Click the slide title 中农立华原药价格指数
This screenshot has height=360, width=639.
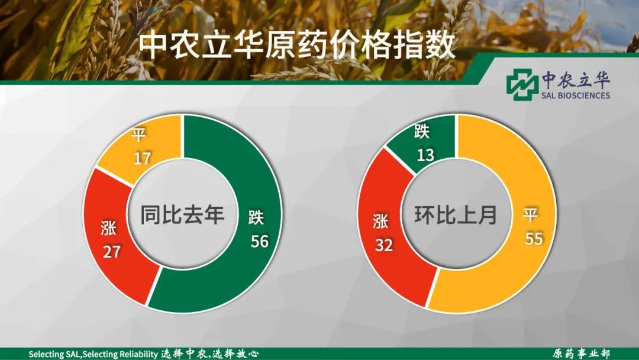(x=296, y=45)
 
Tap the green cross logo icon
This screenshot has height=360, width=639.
(x=522, y=85)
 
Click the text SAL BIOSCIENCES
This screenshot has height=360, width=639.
(x=576, y=95)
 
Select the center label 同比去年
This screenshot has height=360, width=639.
(x=182, y=214)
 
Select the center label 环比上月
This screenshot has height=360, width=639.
(x=456, y=214)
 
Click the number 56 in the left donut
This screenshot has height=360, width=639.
(x=260, y=242)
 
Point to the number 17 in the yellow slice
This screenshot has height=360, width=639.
(x=142, y=158)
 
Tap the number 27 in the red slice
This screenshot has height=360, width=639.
(x=111, y=252)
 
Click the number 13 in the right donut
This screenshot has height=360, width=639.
(x=425, y=155)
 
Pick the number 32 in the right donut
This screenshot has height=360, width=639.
(x=384, y=245)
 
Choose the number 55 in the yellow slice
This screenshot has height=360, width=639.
(x=534, y=239)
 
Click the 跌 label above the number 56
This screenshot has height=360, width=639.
(x=256, y=218)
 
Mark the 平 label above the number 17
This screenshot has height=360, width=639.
(x=138, y=134)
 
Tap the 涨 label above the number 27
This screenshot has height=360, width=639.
(x=108, y=228)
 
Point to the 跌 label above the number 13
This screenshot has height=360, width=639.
(x=422, y=131)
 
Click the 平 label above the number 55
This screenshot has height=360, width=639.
(x=531, y=215)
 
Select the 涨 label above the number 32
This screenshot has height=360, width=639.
(x=380, y=221)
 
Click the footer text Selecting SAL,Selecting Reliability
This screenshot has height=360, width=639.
(x=93, y=354)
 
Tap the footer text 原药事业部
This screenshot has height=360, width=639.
(x=581, y=353)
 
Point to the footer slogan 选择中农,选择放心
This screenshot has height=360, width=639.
(x=209, y=353)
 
